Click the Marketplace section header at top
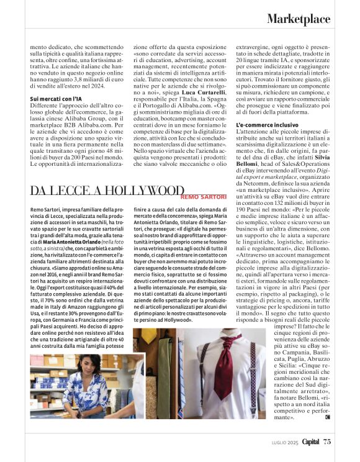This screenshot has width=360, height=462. coord(299,20)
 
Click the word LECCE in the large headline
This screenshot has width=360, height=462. coord(69,192)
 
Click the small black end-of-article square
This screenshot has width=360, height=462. coord(327,417)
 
